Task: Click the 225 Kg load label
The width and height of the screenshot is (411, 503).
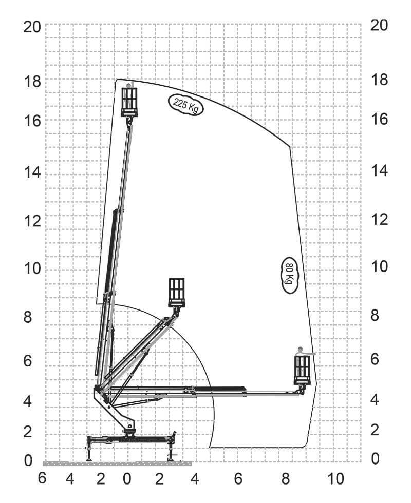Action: coord(185,105)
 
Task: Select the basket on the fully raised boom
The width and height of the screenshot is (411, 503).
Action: coord(129,102)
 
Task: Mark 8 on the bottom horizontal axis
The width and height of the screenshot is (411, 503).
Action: coord(286,479)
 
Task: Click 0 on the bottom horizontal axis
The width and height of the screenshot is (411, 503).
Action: coord(127,479)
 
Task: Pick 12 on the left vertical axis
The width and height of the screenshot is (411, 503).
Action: coord(31,221)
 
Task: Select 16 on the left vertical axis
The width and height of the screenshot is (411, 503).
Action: coord(31,121)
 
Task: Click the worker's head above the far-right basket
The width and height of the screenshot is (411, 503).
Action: coord(301,350)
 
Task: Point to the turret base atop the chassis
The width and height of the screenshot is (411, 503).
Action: coord(129,430)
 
